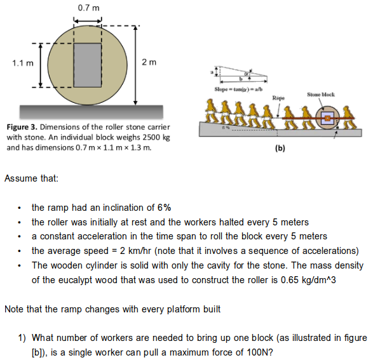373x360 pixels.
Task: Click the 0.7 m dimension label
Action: [x=88, y=7]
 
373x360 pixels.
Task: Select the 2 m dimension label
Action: [x=149, y=62]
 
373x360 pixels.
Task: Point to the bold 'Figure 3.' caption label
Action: [x=23, y=127]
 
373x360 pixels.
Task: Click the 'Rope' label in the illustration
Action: [x=278, y=98]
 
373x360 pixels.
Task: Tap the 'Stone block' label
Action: [x=321, y=95]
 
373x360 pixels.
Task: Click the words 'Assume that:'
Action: [x=31, y=178]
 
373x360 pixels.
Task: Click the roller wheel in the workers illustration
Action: [x=327, y=119]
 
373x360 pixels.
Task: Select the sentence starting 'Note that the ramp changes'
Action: [x=112, y=309]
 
